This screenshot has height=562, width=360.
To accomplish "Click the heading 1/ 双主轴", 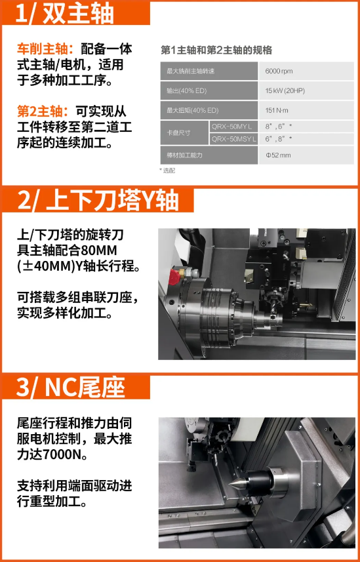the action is (x=65, y=13).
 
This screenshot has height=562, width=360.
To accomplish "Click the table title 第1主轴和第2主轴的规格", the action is (x=216, y=50).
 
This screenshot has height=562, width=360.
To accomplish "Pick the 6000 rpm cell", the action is (x=279, y=71).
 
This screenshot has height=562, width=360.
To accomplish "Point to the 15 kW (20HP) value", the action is (x=285, y=90).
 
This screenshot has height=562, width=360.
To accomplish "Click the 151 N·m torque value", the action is (x=277, y=110).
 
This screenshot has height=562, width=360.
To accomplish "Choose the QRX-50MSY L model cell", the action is (x=233, y=139).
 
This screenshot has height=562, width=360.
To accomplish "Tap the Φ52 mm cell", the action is (x=278, y=155).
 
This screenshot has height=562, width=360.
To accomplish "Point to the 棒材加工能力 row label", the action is (x=185, y=155).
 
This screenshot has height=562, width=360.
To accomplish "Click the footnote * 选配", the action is (x=167, y=171).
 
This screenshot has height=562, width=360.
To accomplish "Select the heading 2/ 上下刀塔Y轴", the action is (x=98, y=201).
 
